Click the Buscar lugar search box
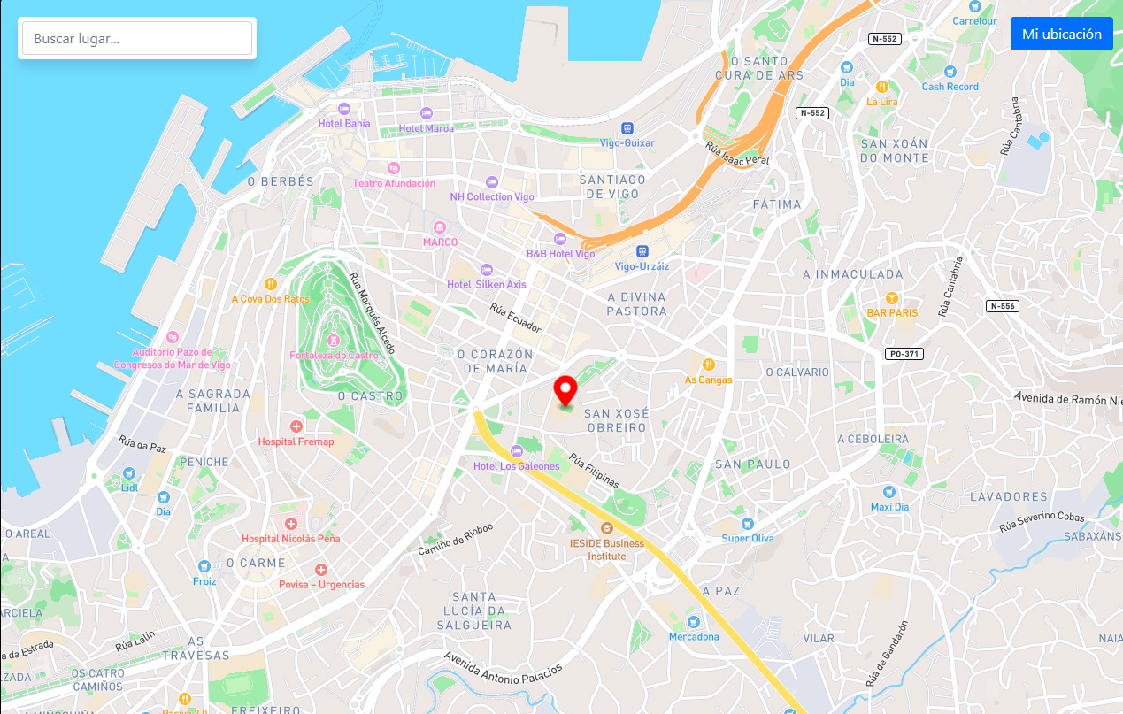[x=137, y=38]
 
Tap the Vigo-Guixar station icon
[x=627, y=128]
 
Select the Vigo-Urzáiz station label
[x=642, y=266]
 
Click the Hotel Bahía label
[x=344, y=124]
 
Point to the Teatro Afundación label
[x=394, y=183]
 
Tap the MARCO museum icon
[x=440, y=227]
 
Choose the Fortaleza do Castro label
[x=334, y=356]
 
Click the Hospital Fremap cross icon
[x=296, y=426]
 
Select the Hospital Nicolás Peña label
[x=290, y=539]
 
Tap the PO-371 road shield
[x=904, y=354]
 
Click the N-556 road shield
[x=1003, y=306]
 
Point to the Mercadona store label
[x=694, y=637]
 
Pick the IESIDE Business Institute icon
[x=607, y=528]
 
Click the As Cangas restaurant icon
[x=708, y=365]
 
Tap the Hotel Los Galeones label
[x=517, y=466]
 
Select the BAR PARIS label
[x=892, y=313]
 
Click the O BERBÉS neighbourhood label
[x=281, y=181]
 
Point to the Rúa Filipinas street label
[x=594, y=472]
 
